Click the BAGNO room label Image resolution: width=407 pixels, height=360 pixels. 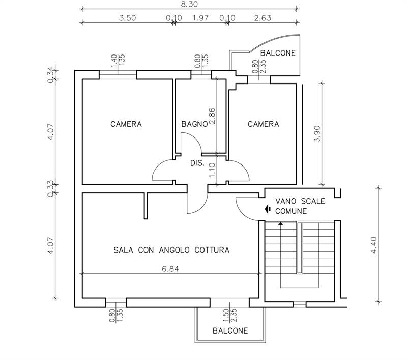point(194,124)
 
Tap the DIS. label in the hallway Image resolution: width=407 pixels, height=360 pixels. point(197,163)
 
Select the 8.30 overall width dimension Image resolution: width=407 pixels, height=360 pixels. point(189,4)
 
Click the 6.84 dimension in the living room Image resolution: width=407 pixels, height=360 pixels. point(170,269)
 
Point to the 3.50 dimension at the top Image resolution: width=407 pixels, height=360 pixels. point(128,18)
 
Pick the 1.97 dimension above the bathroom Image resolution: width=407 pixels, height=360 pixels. point(200,18)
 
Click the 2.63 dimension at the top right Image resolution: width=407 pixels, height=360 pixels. point(263,18)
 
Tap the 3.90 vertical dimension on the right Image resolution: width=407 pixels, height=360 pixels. point(317,134)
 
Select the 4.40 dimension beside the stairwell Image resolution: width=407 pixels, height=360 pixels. point(374,245)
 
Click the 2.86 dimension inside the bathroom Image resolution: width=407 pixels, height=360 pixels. point(212,116)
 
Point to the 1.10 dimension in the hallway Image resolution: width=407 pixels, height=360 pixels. point(212,170)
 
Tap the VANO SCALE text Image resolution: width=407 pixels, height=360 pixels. point(300,201)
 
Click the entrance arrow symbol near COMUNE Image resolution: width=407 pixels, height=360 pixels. point(268,209)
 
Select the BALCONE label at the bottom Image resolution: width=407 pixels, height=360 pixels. point(230,330)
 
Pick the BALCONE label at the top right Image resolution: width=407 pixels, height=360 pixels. point(278,53)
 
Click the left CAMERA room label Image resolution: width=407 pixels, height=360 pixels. point(126,124)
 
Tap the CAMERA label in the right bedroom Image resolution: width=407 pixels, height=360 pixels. point(264,124)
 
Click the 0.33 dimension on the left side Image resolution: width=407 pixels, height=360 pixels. point(51,189)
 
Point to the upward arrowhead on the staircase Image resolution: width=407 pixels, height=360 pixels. point(281,223)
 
